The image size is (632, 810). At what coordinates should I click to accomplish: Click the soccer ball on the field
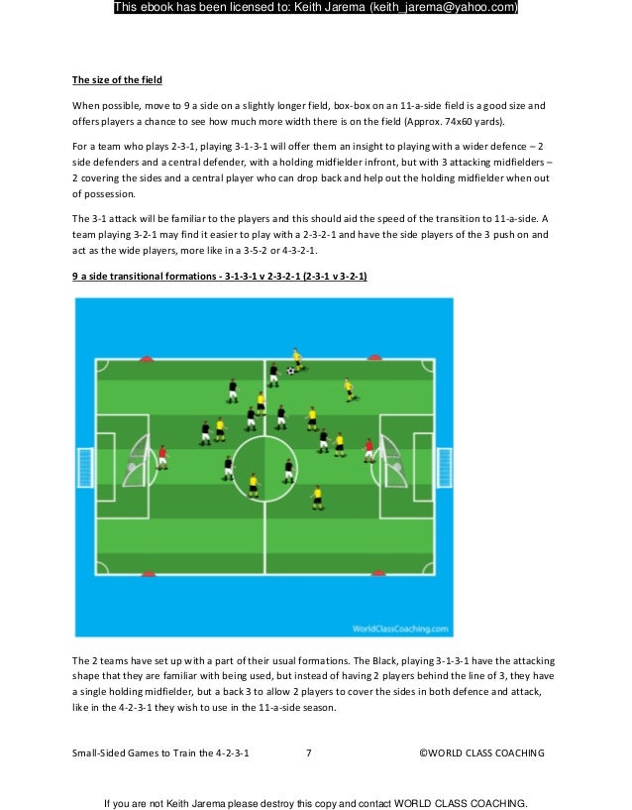[x=290, y=371]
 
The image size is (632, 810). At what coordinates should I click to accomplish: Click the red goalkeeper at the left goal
[x=162, y=457]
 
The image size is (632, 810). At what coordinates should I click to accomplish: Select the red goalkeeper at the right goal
[x=369, y=449]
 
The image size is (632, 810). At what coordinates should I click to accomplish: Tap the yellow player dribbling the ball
[x=295, y=359]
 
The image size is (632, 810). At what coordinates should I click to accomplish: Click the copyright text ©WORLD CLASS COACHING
[x=481, y=753]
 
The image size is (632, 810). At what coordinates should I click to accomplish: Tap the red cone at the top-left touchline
[x=147, y=359]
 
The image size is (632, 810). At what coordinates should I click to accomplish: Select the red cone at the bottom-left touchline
[x=148, y=574]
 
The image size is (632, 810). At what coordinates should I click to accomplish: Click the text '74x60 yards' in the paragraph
[x=470, y=122]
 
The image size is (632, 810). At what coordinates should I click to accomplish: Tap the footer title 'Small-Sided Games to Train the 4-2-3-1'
[x=159, y=753]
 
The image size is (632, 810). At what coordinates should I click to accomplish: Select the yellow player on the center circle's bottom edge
[x=254, y=484]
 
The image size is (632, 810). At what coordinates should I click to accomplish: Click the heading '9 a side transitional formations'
[x=219, y=278]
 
